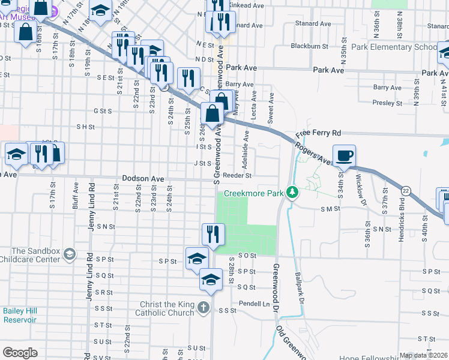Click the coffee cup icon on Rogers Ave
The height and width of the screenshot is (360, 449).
pyautogui.click(x=344, y=156)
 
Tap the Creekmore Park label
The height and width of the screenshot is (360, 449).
pyautogui.click(x=253, y=194)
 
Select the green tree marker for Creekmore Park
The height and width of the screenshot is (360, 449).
pyautogui.click(x=292, y=193)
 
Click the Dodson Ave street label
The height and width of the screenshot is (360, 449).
pyautogui.click(x=143, y=179)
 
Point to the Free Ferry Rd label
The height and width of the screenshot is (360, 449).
pyautogui.click(x=318, y=133)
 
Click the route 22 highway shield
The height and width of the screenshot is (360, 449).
pyautogui.click(x=406, y=190)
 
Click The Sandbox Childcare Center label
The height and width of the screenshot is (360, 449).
pyautogui.click(x=36, y=255)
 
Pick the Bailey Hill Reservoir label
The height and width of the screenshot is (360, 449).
pyautogui.click(x=21, y=315)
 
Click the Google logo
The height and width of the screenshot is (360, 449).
pyautogui.click(x=20, y=353)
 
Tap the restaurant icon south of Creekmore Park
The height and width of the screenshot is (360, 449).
pyautogui.click(x=213, y=235)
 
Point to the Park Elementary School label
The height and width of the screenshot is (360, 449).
pyautogui.click(x=394, y=47)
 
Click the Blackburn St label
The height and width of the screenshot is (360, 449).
pyautogui.click(x=309, y=46)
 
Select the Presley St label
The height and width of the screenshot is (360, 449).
pyautogui.click(x=387, y=103)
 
